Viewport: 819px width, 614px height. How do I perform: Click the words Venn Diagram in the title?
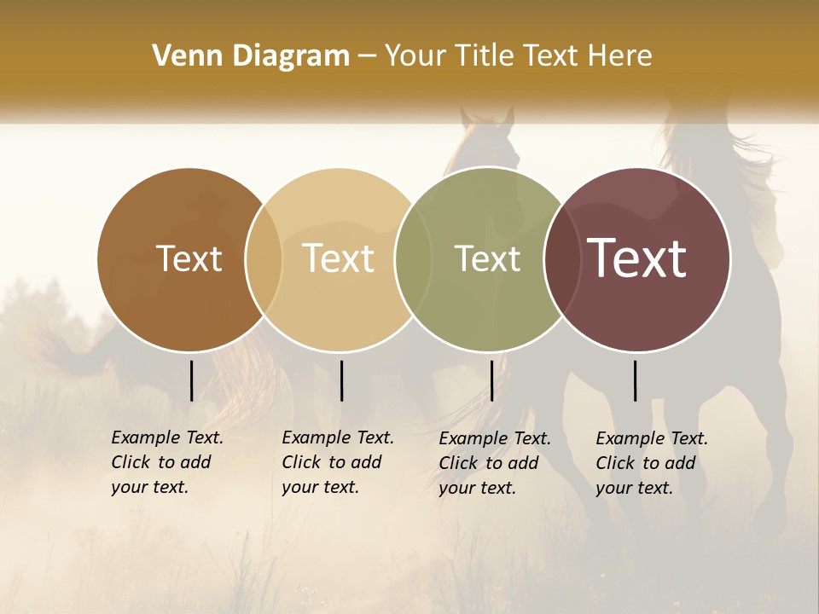pyautogui.click(x=251, y=56)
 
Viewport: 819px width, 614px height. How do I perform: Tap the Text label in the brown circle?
pyautogui.click(x=189, y=258)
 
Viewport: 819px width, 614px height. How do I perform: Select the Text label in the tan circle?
pyautogui.click(x=338, y=258)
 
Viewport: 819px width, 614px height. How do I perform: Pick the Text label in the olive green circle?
pyautogui.click(x=487, y=258)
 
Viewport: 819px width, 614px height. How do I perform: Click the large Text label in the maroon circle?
pyautogui.click(x=636, y=258)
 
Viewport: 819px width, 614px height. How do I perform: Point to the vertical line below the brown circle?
pyautogui.click(x=192, y=380)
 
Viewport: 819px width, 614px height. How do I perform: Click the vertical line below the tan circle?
pyautogui.click(x=341, y=380)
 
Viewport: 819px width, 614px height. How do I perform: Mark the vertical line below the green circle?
pyautogui.click(x=492, y=380)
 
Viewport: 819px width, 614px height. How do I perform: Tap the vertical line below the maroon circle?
pyautogui.click(x=636, y=380)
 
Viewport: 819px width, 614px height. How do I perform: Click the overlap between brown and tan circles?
pyautogui.click(x=264, y=258)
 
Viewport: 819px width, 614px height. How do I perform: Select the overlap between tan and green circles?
pyautogui.click(x=413, y=258)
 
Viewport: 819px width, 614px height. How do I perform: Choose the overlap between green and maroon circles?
pyautogui.click(x=562, y=258)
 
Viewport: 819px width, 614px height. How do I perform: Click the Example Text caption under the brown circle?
pyautogui.click(x=166, y=462)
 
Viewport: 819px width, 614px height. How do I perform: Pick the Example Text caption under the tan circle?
pyautogui.click(x=337, y=462)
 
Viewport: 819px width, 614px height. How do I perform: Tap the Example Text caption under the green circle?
pyautogui.click(x=494, y=463)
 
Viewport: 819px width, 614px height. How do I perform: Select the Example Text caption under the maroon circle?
pyautogui.click(x=651, y=463)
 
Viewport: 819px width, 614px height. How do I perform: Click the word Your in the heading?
pyautogui.click(x=415, y=56)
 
